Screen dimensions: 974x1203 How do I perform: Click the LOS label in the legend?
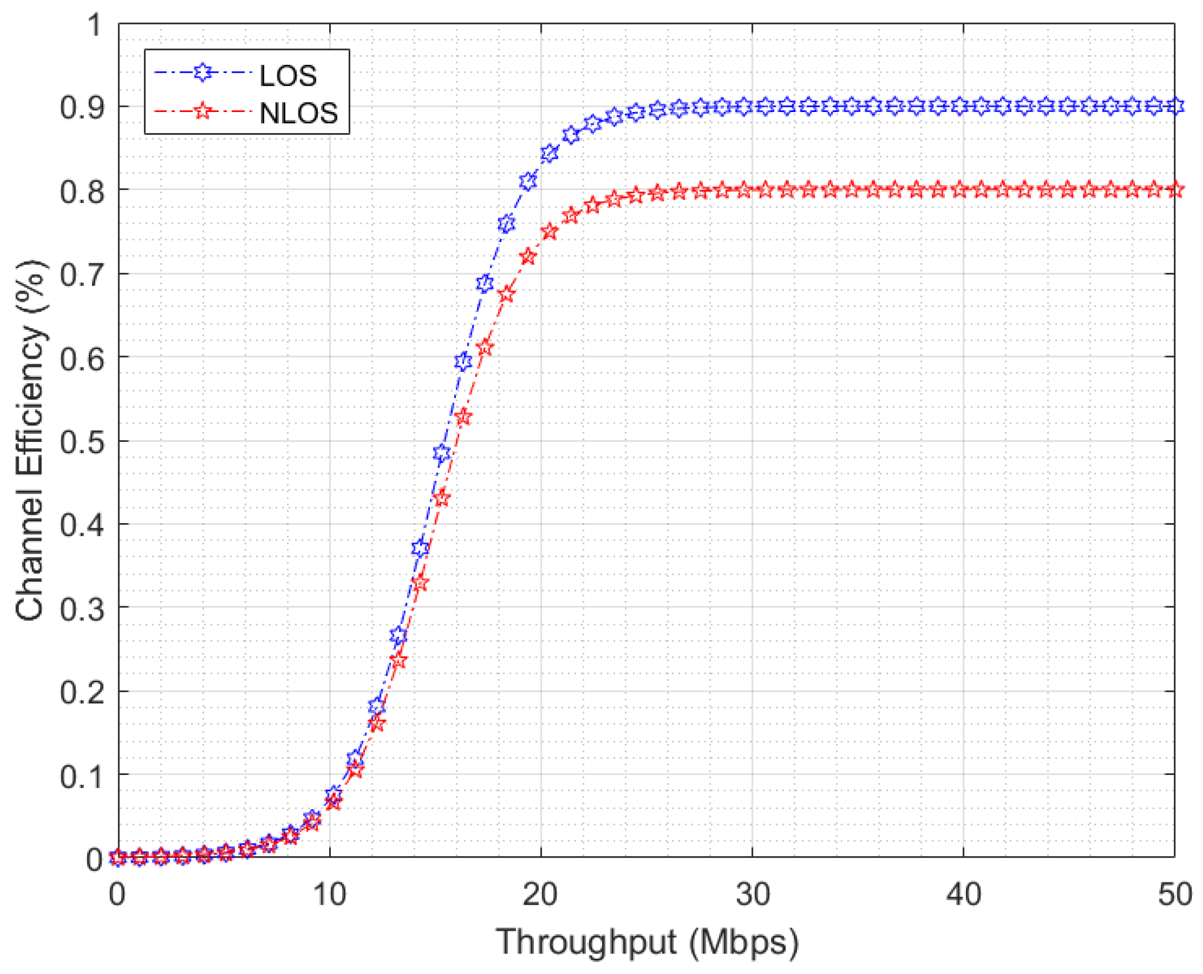(x=288, y=76)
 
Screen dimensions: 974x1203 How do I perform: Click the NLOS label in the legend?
(x=298, y=113)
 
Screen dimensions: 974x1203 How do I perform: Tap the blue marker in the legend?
(x=203, y=72)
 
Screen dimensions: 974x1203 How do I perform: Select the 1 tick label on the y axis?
(x=94, y=26)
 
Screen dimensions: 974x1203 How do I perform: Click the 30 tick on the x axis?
(x=752, y=894)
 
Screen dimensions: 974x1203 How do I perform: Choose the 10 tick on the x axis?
(x=330, y=894)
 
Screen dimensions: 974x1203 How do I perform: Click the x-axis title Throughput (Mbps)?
(x=647, y=942)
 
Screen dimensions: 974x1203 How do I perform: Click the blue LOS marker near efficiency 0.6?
(x=463, y=362)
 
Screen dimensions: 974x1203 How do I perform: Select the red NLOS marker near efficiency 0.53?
(x=463, y=417)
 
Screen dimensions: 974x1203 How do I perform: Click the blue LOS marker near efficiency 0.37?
(x=420, y=548)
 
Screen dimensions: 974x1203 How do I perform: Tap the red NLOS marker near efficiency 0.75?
(x=549, y=231)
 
